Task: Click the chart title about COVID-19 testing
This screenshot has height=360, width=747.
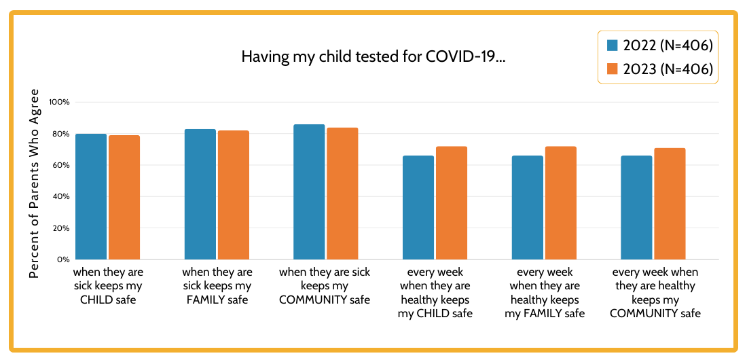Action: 373,57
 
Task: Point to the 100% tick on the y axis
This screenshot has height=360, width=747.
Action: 60,102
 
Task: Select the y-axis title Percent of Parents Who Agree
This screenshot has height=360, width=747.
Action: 35,183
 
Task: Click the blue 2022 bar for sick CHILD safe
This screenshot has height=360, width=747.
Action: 91,197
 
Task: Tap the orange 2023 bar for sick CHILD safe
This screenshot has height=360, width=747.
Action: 124,198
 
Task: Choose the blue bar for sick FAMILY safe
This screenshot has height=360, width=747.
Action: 200,194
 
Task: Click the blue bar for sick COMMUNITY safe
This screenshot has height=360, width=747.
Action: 309,192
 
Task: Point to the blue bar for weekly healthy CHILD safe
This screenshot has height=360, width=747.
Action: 418,208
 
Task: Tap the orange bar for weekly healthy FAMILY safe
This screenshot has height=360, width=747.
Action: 561,203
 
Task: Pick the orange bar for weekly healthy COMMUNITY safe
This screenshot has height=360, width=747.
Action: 670,204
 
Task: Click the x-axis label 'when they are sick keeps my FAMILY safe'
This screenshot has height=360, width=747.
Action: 217,285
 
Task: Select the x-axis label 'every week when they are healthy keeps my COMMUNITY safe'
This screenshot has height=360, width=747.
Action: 655,293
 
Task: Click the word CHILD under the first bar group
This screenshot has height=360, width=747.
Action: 97,300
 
